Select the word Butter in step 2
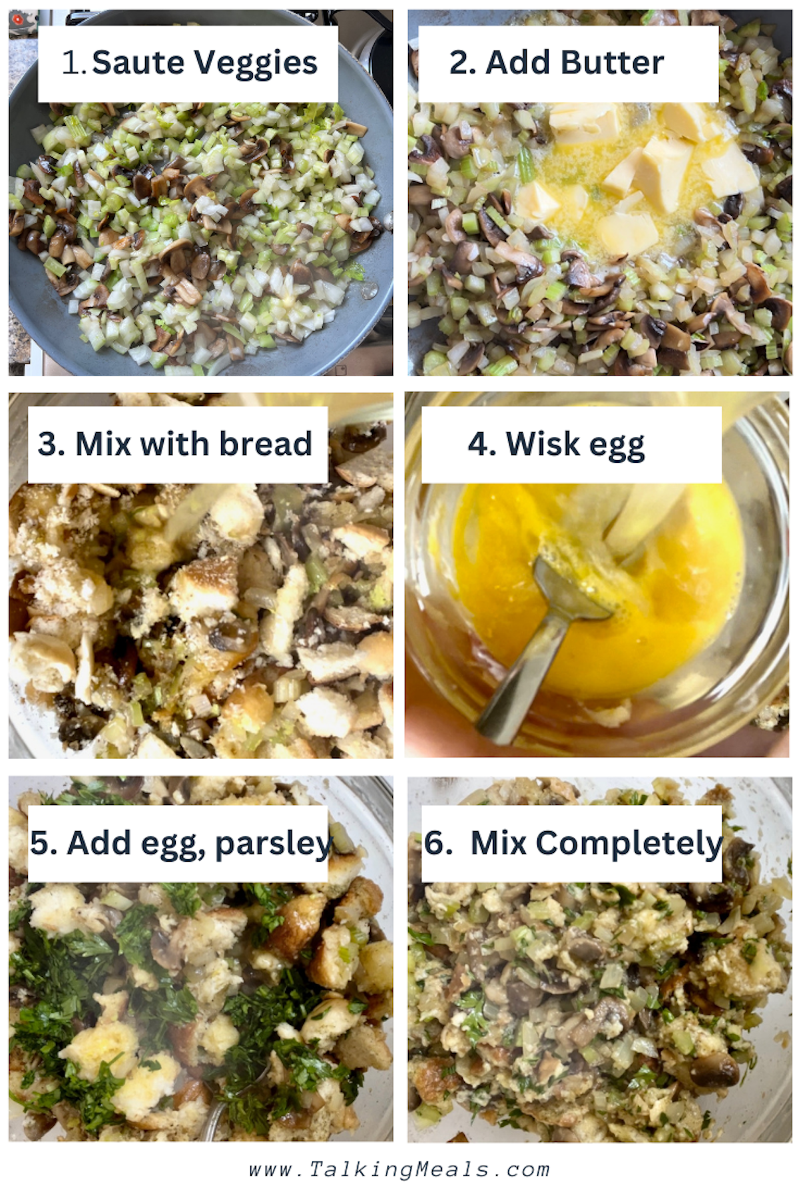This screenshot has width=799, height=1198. (612, 63)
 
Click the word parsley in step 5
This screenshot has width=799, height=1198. (273, 844)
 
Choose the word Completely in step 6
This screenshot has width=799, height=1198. (629, 844)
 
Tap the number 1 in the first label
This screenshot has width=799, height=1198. (71, 63)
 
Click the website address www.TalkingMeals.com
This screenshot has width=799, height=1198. (400, 1169)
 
